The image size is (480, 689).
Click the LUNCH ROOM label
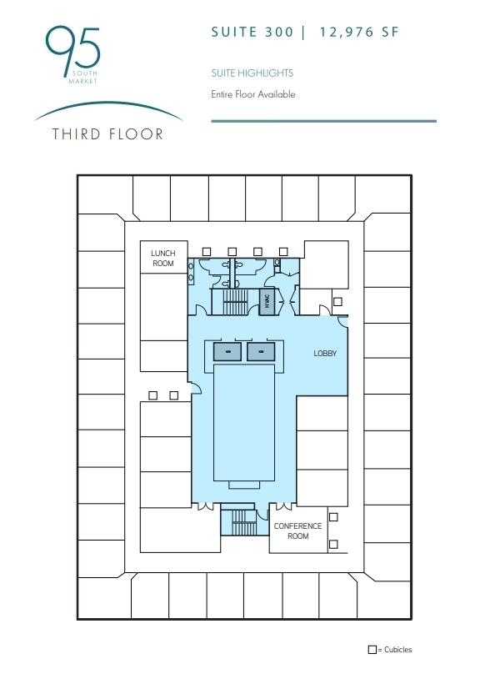pos(162,258)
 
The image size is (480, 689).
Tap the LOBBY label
pos(325,354)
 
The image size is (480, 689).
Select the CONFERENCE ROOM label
pos(297,531)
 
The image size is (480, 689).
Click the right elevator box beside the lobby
pos(261,352)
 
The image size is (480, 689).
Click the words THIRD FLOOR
pos(107,133)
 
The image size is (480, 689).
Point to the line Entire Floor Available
pos(253,94)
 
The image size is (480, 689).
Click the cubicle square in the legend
pos(372,650)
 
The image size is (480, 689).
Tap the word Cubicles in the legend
pos(397,650)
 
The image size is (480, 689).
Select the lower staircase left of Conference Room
pos(242,524)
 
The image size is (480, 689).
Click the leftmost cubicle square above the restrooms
pos(207,251)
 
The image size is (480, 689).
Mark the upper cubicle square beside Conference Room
pos(333,517)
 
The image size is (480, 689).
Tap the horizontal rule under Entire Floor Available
pos(323,121)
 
